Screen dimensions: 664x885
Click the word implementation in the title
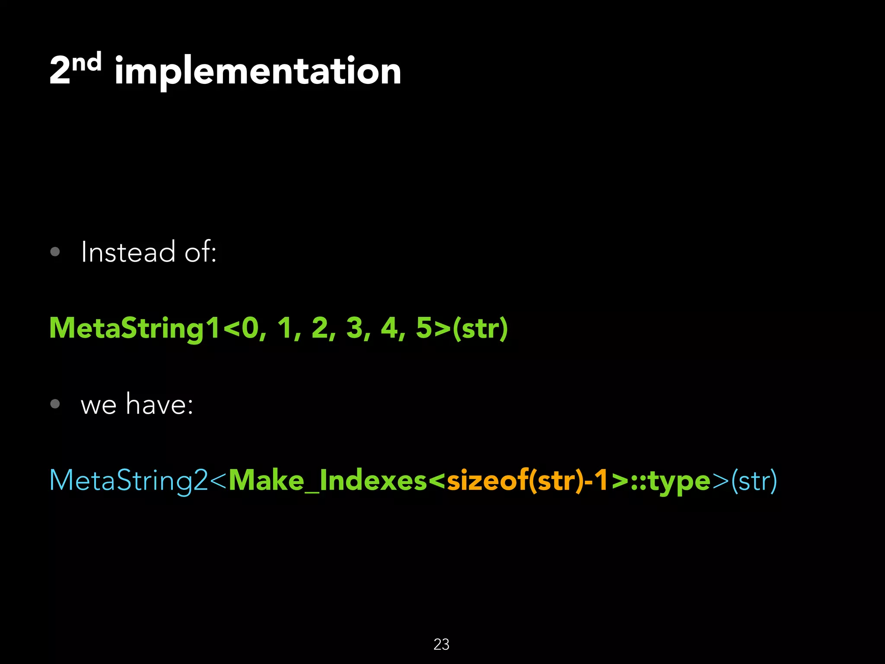[x=258, y=71]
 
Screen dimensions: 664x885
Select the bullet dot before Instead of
[x=55, y=252]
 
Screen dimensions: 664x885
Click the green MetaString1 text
[x=134, y=328]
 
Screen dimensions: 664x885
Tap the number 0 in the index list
[x=250, y=328]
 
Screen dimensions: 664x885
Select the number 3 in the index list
[x=354, y=328]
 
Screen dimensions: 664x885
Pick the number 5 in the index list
[x=424, y=328]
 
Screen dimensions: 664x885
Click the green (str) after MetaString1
[x=480, y=328]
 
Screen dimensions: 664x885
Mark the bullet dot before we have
[x=55, y=404]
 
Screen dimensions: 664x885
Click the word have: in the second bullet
[x=159, y=404]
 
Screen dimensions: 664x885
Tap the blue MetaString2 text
[x=129, y=480]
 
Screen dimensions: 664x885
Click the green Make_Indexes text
[x=328, y=480]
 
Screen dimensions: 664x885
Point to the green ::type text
[x=670, y=480]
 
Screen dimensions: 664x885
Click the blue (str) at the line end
[x=754, y=480]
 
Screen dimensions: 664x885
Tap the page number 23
[x=441, y=645]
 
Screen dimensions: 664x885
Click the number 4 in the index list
[x=389, y=328]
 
